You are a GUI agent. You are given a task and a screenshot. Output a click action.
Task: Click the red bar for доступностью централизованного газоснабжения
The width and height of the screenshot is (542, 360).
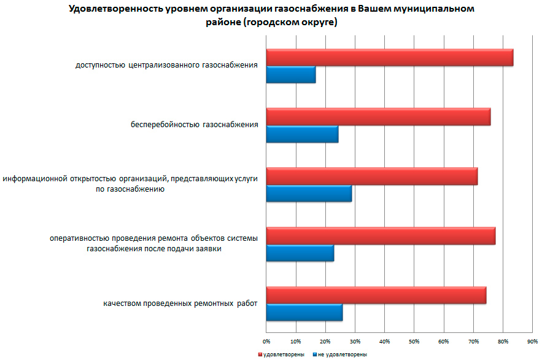[389, 57]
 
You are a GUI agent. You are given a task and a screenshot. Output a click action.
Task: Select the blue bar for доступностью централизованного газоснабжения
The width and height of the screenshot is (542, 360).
[291, 74]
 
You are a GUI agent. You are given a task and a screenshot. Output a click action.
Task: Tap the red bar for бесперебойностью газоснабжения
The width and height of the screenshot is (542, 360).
[378, 116]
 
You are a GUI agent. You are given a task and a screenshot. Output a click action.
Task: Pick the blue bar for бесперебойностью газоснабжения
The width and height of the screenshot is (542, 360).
[302, 134]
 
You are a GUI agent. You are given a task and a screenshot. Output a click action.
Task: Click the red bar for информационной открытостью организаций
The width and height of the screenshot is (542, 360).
[371, 176]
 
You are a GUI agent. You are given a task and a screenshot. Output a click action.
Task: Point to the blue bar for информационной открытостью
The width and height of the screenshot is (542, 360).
[309, 194]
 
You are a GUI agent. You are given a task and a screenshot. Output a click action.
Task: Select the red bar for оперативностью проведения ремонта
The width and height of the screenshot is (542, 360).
[381, 236]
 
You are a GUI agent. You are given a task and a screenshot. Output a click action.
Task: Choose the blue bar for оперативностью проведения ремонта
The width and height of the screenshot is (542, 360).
[300, 253]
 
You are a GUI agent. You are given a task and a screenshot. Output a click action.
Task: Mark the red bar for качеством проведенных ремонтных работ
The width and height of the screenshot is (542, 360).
[376, 295]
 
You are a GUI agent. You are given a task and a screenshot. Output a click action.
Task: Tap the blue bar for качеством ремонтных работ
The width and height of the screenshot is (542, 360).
[304, 313]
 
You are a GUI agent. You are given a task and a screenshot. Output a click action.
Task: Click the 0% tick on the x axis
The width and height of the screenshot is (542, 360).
[266, 340]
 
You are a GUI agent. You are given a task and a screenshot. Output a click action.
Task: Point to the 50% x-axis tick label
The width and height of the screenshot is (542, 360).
[414, 340]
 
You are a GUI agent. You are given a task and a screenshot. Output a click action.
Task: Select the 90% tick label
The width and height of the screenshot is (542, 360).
[532, 340]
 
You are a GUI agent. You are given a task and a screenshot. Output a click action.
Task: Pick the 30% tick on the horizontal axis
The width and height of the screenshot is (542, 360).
[355, 340]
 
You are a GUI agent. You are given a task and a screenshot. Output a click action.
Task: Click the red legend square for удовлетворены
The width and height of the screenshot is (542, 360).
[260, 354]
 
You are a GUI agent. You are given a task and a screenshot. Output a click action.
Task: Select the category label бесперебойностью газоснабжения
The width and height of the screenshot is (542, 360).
[194, 125]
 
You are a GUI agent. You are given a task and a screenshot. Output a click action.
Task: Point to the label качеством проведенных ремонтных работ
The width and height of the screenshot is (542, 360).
[180, 303]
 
